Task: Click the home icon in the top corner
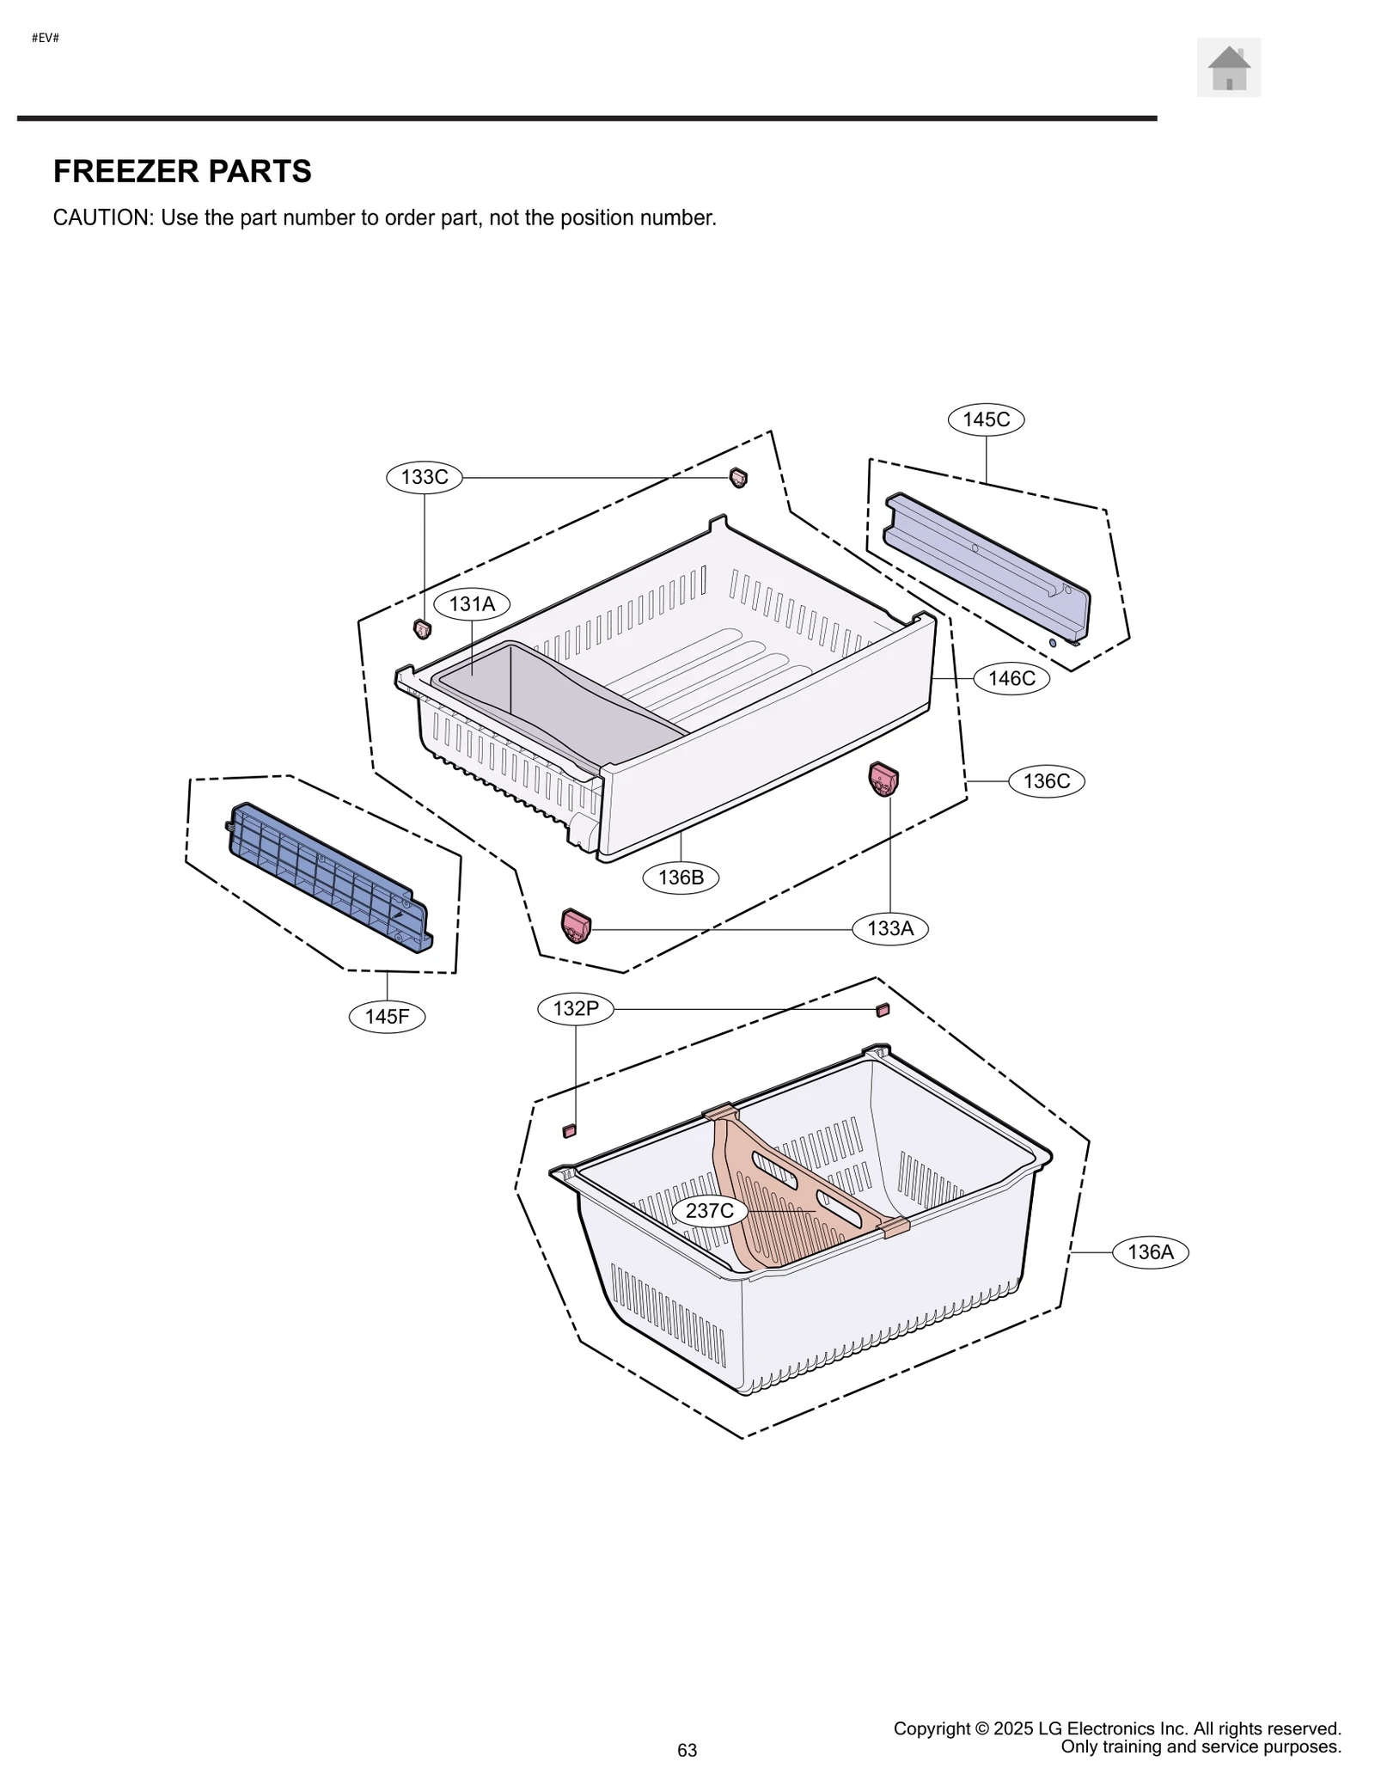point(1228,67)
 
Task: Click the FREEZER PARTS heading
point(182,171)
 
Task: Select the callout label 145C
point(986,419)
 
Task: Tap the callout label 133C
point(424,477)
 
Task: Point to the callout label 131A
point(472,604)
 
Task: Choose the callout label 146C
point(1011,678)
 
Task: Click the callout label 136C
point(1046,781)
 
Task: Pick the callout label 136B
point(681,878)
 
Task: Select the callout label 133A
point(889,928)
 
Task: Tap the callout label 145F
point(387,1017)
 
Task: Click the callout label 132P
point(575,1008)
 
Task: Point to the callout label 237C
point(710,1211)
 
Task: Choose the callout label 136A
point(1150,1252)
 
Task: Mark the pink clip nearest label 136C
point(883,779)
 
